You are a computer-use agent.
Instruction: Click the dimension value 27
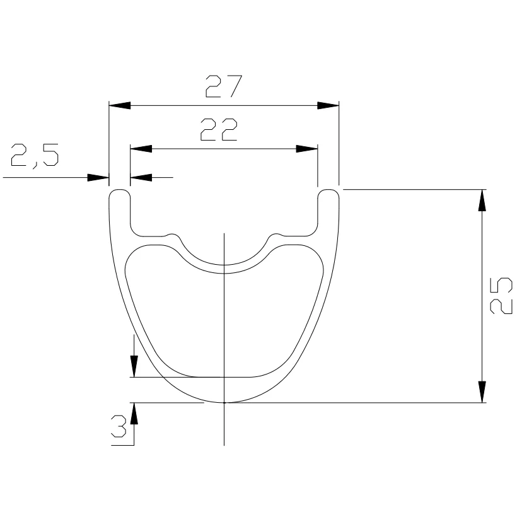coord(223,87)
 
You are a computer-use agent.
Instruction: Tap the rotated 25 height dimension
coord(499,296)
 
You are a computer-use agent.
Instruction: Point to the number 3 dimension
coord(119,427)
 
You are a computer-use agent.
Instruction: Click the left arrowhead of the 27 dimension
coord(119,105)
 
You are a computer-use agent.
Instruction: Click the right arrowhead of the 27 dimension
coord(328,105)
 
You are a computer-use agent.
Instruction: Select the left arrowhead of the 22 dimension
coord(141,149)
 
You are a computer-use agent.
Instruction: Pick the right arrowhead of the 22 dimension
coord(306,149)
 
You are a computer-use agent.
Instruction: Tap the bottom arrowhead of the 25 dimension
coord(482,391)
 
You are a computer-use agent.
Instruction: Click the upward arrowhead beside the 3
coord(134,414)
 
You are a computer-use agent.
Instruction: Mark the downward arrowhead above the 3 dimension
coord(134,366)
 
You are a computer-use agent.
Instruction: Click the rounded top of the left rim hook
coord(119,189)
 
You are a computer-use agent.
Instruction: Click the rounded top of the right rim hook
coord(328,189)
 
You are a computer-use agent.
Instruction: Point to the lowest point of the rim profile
coord(224,402)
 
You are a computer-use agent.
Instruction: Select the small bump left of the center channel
coord(171,235)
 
